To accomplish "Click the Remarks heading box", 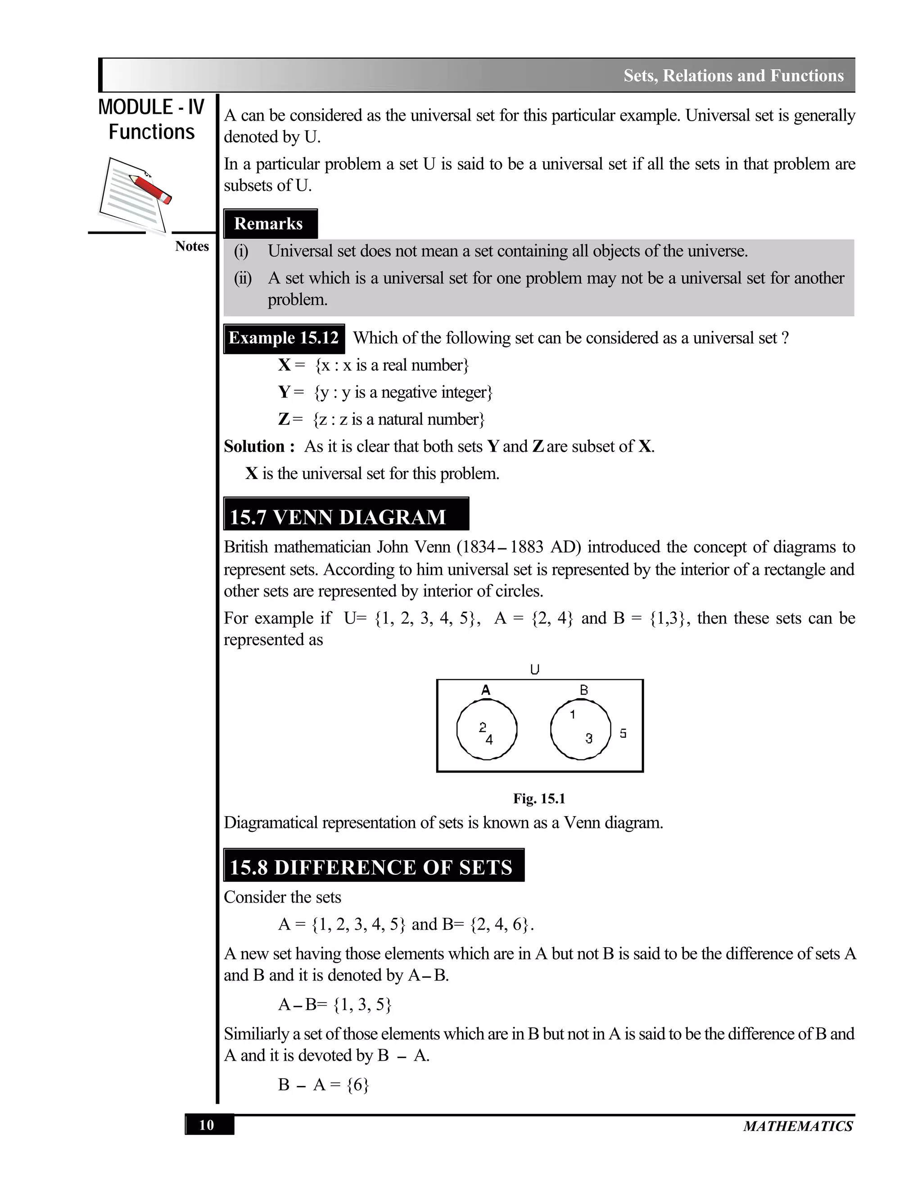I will point(270,224).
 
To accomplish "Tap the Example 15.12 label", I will point(284,338).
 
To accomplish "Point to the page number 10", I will point(208,1125).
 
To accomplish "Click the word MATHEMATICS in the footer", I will point(797,1126).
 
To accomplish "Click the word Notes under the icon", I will point(192,246).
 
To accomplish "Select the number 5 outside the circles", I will point(623,734).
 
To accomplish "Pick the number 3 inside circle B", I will point(588,738).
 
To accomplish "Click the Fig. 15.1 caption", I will point(538,799).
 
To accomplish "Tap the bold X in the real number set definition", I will point(284,365).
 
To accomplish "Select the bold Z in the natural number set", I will point(284,420).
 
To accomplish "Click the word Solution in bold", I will point(254,446).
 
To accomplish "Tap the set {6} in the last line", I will point(358,1085).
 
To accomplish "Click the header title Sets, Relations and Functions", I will point(733,75).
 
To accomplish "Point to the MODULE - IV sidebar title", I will point(151,107).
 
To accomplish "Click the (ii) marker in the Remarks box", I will point(243,279).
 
